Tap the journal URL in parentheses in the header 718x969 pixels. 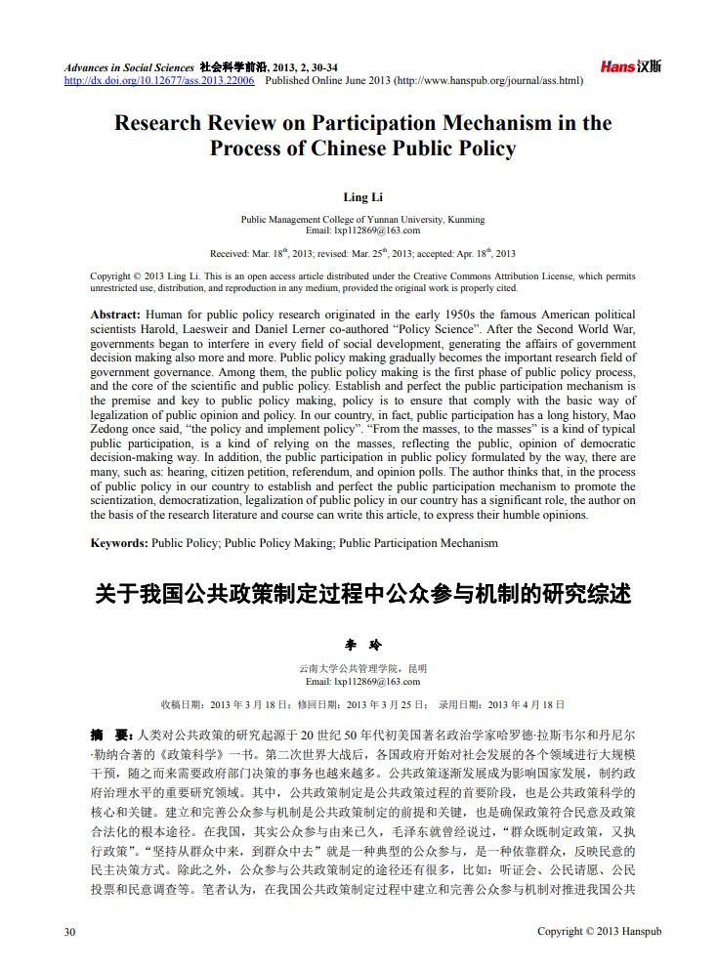(x=489, y=81)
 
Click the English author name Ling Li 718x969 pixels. (x=362, y=197)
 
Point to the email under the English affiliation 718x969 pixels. (x=362, y=231)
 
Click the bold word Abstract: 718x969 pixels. (x=115, y=315)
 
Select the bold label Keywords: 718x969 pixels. (x=119, y=543)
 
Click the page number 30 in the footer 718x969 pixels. (x=69, y=931)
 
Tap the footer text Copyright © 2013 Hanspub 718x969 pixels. (x=600, y=931)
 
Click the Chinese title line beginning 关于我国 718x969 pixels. (x=362, y=593)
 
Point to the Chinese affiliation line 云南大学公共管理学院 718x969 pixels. (x=362, y=669)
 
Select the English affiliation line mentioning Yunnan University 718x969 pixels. (x=362, y=220)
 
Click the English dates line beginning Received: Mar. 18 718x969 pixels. (x=362, y=254)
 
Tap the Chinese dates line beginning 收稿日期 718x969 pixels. (x=362, y=704)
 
